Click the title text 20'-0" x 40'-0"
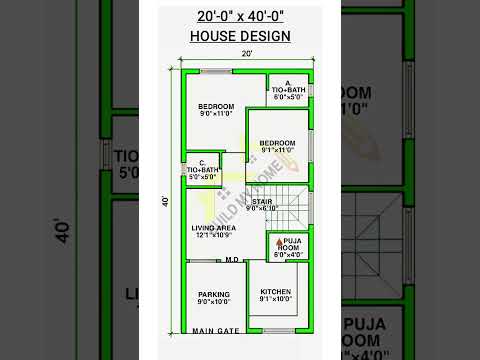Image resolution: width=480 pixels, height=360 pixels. [x=240, y=16]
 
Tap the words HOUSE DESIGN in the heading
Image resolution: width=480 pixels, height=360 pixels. [x=240, y=37]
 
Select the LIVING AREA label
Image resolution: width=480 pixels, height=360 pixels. [x=213, y=228]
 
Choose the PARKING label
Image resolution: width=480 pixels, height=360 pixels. [x=213, y=294]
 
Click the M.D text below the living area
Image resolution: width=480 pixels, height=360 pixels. [x=231, y=259]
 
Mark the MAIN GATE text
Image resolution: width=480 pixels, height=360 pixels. [x=215, y=331]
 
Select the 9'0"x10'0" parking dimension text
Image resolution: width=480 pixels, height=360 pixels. [x=213, y=302]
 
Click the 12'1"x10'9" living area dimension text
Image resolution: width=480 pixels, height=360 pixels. [x=213, y=235]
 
